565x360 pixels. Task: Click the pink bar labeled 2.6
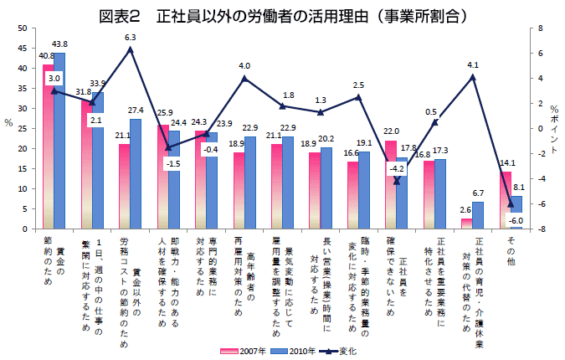click(x=467, y=224)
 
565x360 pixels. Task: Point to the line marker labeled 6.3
click(x=131, y=49)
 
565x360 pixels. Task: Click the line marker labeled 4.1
click(x=473, y=77)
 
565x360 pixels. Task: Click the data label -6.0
click(x=516, y=219)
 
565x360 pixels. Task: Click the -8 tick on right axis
click(x=542, y=229)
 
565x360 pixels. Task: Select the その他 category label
click(x=511, y=251)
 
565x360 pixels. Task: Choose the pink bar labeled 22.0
click(x=391, y=184)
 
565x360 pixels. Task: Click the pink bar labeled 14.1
click(x=506, y=200)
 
